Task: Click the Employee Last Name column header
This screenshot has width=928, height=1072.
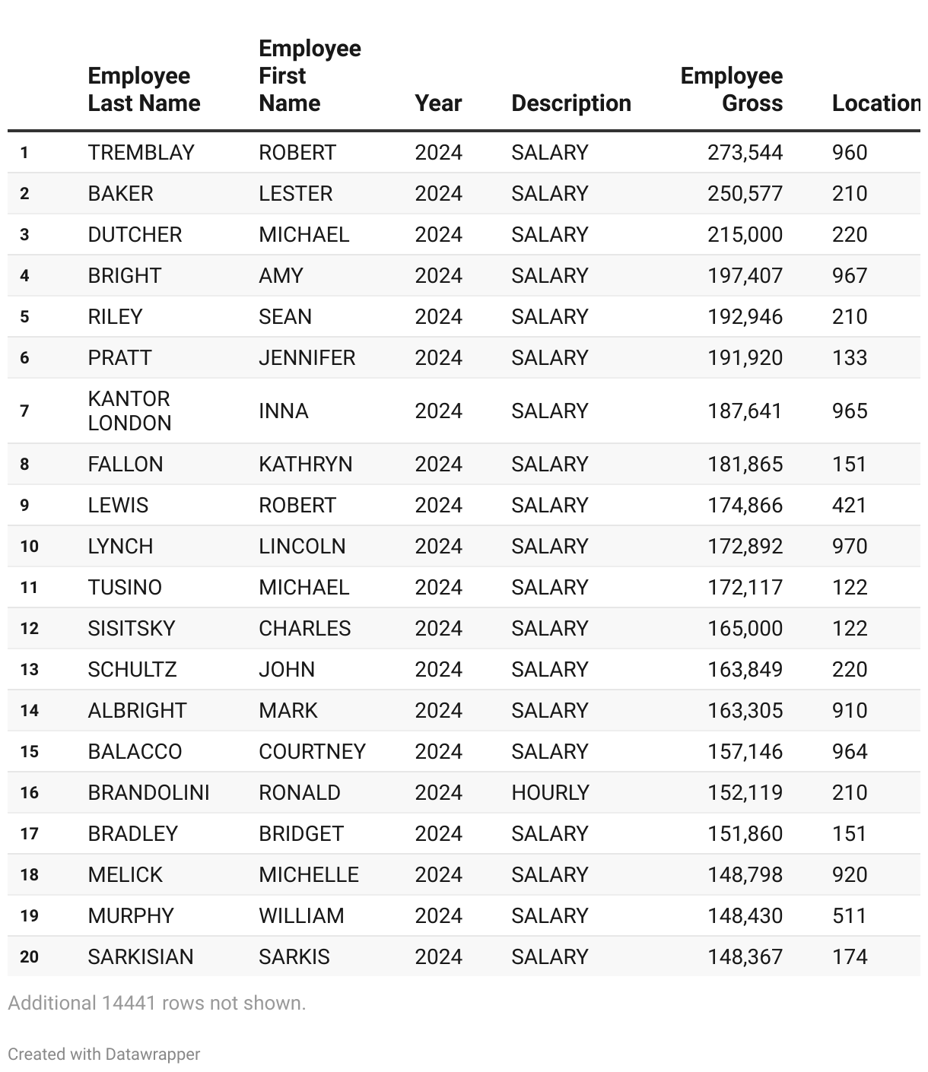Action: click(x=144, y=90)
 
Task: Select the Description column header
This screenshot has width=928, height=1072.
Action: click(x=570, y=103)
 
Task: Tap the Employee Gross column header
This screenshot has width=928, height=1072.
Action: click(x=731, y=90)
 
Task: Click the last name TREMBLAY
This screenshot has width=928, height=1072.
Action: click(x=141, y=153)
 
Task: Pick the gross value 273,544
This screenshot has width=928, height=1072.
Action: click(x=745, y=153)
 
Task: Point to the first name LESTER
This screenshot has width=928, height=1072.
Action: click(x=295, y=194)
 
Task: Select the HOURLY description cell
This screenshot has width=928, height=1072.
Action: click(x=550, y=793)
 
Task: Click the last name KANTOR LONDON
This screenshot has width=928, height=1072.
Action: click(x=129, y=411)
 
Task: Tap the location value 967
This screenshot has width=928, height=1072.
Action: click(x=849, y=276)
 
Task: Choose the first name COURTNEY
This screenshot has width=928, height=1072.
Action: click(x=312, y=752)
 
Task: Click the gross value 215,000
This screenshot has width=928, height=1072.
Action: click(x=745, y=235)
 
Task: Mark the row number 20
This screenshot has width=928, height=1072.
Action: click(x=29, y=957)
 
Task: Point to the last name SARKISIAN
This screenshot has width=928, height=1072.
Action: click(x=141, y=957)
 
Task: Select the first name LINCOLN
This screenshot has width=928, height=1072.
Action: click(x=302, y=547)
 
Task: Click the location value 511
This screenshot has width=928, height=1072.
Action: click(x=849, y=916)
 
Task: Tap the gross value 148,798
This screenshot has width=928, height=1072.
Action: click(x=745, y=875)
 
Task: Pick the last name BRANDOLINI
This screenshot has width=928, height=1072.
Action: click(x=148, y=793)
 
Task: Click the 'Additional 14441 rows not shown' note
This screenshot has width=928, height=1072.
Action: click(x=157, y=1004)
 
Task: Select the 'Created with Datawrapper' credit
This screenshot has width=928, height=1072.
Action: click(x=104, y=1055)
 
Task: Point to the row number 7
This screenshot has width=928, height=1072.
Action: click(x=24, y=411)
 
